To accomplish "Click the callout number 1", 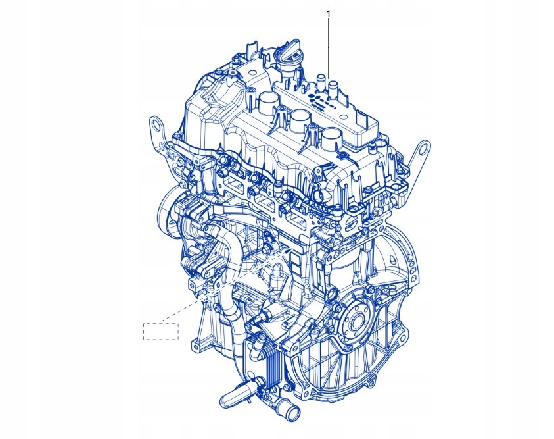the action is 328,14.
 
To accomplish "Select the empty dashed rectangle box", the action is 161,331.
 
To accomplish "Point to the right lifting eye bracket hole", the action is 424,147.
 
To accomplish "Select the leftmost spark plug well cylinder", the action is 269,101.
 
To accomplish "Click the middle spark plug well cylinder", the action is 300,119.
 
